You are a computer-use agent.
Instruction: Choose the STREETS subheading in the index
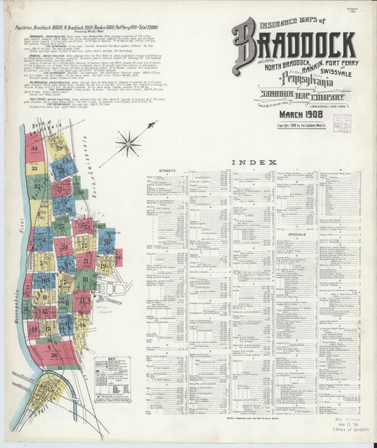167,172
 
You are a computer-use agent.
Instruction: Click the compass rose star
129,143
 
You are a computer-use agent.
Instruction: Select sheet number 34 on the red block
33,149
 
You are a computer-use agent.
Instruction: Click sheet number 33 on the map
33,168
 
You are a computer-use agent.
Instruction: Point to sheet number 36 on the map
54,354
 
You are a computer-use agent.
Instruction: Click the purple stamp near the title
342,123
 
